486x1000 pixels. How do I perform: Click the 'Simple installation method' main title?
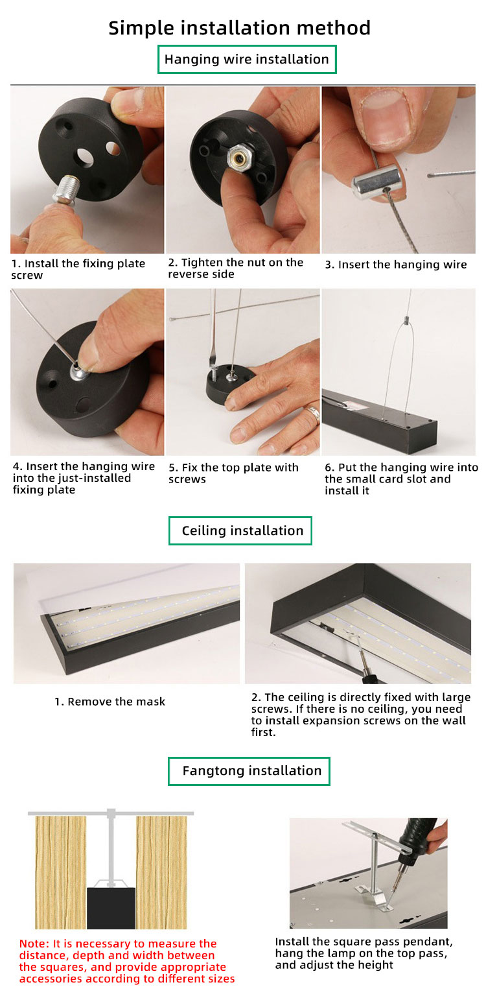240,28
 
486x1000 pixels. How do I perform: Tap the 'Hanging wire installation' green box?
247,60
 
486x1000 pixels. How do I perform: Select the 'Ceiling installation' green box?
240,530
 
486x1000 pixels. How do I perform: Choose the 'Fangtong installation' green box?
249,771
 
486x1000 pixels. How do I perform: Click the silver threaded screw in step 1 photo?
66,189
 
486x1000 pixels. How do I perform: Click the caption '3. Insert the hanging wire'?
396,265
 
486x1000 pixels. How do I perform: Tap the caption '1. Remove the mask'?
110,702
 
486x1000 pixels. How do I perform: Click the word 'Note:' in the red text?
34,944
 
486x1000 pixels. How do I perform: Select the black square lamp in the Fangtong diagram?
111,908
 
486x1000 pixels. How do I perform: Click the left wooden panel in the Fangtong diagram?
61,872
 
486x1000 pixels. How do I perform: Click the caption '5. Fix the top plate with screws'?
233,473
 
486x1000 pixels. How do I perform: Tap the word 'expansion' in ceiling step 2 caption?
336,720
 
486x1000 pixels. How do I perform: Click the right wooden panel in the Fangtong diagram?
161,872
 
